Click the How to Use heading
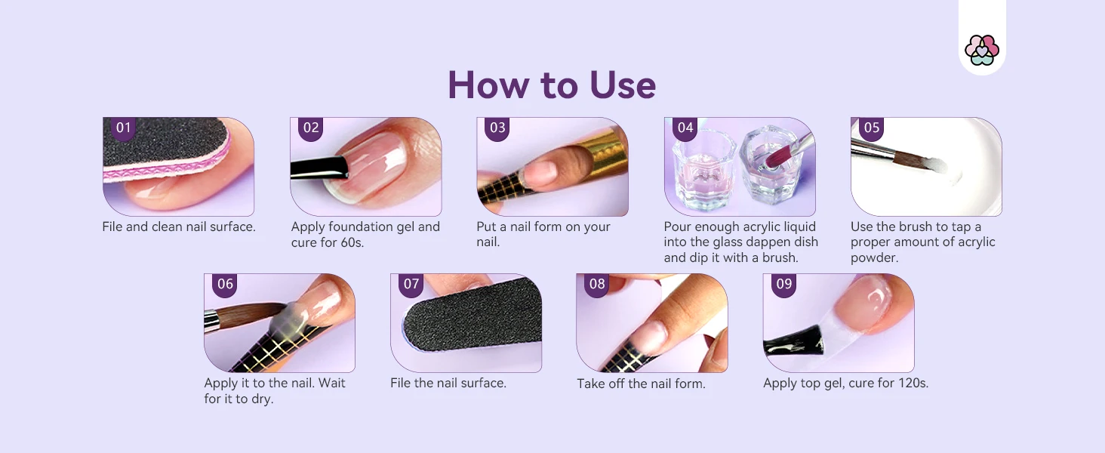tap(552, 85)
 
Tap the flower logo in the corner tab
tap(982, 50)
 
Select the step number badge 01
tap(123, 128)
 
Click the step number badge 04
tap(685, 128)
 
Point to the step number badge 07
tap(411, 285)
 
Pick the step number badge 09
tap(783, 285)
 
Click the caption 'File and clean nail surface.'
tap(179, 227)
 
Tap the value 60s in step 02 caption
tap(351, 242)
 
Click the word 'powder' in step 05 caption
tap(873, 258)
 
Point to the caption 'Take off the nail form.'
tap(642, 384)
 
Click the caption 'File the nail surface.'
tap(448, 384)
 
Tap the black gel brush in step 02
tap(320, 168)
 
